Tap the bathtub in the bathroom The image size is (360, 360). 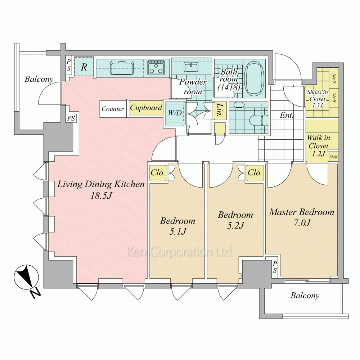point(254,78)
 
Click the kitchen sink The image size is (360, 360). point(122,68)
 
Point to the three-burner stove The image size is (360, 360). point(156,68)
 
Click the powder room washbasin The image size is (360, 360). point(191,67)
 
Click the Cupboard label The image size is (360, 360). point(146,108)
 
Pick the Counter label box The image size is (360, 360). point(113,109)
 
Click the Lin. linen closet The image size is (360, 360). point(220,111)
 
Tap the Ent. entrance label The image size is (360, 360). point(287,115)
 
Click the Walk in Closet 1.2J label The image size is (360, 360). point(319,145)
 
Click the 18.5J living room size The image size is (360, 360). point(101,195)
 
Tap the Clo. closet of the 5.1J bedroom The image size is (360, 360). point(158,172)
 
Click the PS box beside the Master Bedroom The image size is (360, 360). point(275,267)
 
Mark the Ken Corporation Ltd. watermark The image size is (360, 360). point(180,252)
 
